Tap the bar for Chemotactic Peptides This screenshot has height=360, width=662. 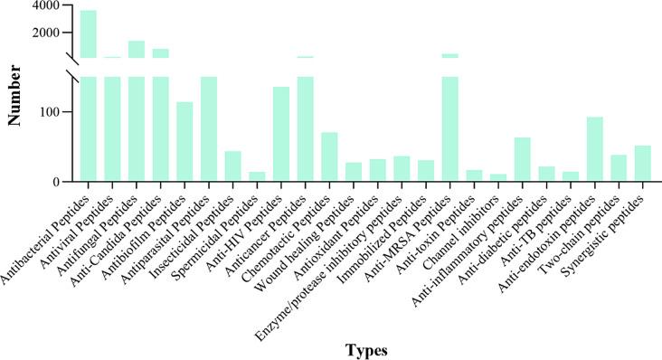click(329, 157)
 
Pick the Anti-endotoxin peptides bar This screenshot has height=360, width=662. click(594, 149)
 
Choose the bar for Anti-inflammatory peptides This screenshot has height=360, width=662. click(522, 159)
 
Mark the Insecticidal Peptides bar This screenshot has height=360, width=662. click(232, 166)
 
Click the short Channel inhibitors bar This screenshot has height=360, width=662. click(498, 178)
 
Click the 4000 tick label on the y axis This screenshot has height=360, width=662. click(48, 5)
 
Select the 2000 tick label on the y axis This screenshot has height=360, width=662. click(48, 33)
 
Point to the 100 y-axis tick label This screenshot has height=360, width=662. click(52, 112)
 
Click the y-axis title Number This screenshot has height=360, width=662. click(15, 94)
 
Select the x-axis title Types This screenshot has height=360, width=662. click(365, 348)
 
